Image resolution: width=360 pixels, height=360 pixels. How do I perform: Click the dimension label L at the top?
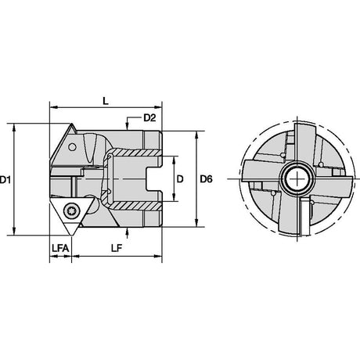[106, 101]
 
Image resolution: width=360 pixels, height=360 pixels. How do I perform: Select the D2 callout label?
[149, 118]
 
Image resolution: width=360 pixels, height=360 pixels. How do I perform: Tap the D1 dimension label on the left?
[5, 179]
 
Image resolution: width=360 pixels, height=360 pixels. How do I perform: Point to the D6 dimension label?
[207, 179]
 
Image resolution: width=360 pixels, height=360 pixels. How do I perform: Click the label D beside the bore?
[180, 179]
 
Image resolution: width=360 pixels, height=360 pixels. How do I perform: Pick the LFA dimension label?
[60, 248]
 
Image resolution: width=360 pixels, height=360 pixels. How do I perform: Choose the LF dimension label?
[117, 248]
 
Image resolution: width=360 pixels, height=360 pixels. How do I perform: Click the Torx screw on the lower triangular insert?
[70, 210]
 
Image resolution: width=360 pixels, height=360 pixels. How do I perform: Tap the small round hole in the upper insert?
[72, 147]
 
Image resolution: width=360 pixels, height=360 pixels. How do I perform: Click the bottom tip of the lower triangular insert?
[71, 236]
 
